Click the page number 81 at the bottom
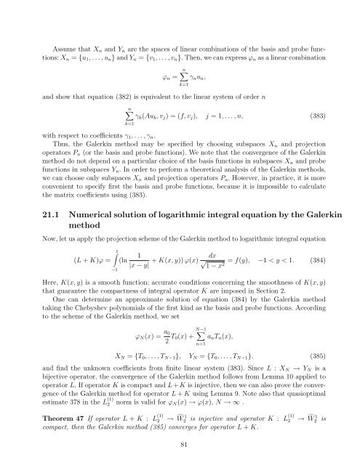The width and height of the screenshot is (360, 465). coord(180,445)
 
